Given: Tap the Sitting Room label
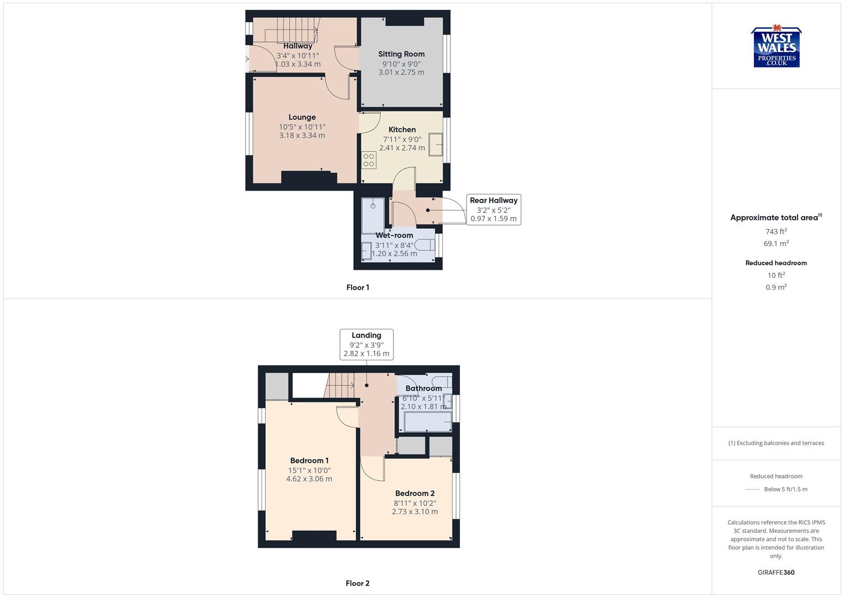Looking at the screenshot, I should tap(401, 54).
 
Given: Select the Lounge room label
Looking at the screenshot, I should tap(302, 117).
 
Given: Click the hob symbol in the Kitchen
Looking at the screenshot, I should tap(369, 160).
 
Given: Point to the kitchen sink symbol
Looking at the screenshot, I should tap(436, 145).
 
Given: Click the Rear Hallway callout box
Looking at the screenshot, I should tap(494, 210).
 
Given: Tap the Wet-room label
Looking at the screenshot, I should tap(394, 235).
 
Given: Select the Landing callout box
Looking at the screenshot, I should tap(366, 344).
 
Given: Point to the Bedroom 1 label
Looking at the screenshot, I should tap(310, 460).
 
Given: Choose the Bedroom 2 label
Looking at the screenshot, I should tap(415, 493).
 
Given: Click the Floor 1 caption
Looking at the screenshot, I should tap(358, 287).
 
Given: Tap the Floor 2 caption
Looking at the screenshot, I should tap(358, 583).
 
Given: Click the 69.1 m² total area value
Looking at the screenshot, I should tap(776, 243).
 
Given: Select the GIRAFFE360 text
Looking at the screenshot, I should tap(776, 573).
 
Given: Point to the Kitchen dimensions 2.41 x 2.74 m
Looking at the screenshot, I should tap(402, 148).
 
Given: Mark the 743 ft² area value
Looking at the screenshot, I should tap(776, 232).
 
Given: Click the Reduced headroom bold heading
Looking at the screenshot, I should tap(776, 263).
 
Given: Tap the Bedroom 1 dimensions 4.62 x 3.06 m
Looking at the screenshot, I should tap(309, 479).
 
